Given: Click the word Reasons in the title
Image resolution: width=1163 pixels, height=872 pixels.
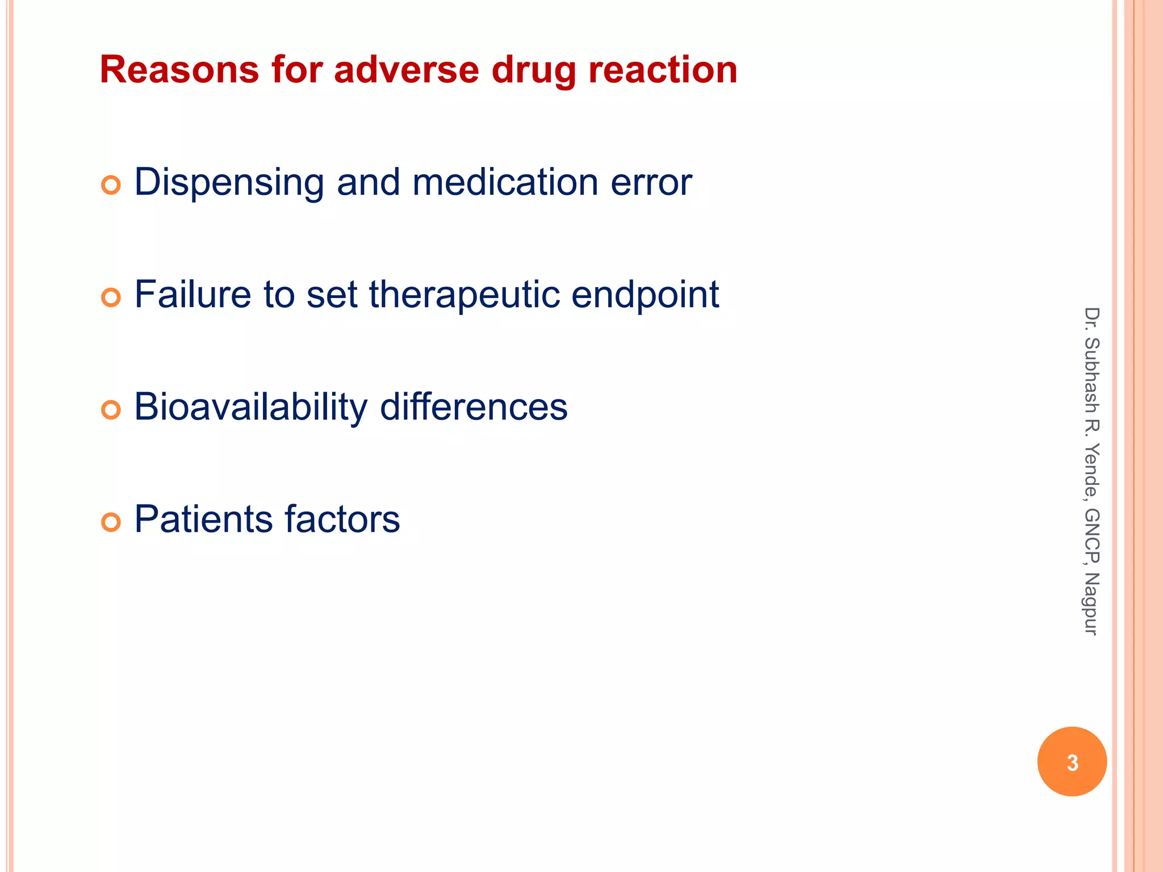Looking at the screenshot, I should tap(179, 70).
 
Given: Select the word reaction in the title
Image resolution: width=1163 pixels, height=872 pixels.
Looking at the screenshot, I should tap(663, 70).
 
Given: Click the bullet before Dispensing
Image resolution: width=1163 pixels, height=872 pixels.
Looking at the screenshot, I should tap(111, 185).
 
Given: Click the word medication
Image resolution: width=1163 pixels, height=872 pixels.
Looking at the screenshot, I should tap(505, 182).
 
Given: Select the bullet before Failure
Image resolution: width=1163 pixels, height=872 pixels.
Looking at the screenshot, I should tap(111, 297).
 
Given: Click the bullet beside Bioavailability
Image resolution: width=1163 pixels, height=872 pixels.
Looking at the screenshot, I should tap(111, 410).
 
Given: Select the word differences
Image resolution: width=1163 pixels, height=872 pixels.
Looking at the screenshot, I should tap(474, 407).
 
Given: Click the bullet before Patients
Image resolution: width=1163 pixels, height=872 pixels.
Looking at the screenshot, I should tap(111, 522).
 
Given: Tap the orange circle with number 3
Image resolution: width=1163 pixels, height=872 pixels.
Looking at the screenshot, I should tap(1072, 762).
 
